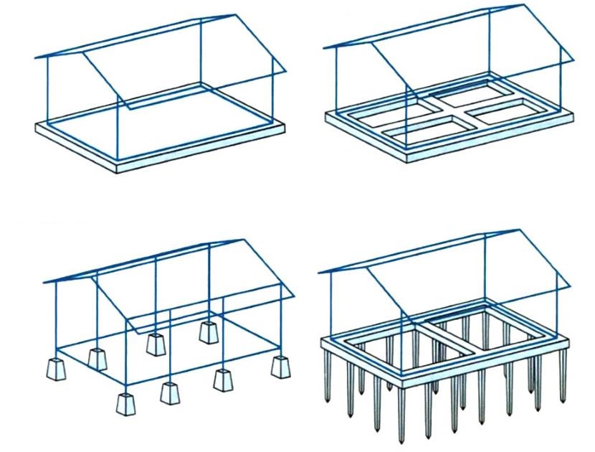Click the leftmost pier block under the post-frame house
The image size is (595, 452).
pyautogui.click(x=55, y=369)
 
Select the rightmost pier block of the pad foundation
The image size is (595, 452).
pyautogui.click(x=280, y=367)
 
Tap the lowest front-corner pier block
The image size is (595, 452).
pyautogui.click(x=126, y=402)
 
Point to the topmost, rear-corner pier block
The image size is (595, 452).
pyautogui.click(x=209, y=331)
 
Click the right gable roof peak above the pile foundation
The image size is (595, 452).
pyautogui.click(x=518, y=230)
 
